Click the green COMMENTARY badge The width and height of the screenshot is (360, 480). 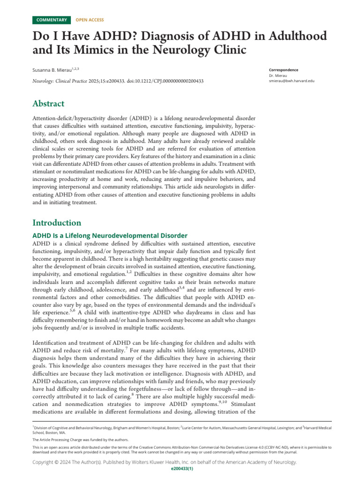point(52,20)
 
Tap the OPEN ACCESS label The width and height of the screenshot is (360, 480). point(90,20)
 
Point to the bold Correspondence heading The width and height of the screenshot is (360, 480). point(284,70)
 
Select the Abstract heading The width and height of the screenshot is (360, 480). point(48,104)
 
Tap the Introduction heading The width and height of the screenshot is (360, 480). point(57,223)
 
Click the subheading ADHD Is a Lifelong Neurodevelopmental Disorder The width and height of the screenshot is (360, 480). point(110,235)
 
